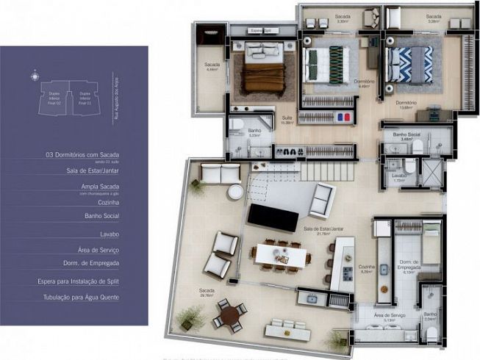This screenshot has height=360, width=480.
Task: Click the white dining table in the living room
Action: click(x=279, y=255)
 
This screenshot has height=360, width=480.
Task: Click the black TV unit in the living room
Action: click(x=272, y=217)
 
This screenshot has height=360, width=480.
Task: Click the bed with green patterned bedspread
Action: click(x=327, y=66)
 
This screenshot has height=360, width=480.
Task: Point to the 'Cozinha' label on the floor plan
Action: click(x=366, y=267)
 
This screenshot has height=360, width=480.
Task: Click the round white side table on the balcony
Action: click(x=234, y=192)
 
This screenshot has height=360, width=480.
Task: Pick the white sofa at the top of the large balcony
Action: click(x=220, y=173)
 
